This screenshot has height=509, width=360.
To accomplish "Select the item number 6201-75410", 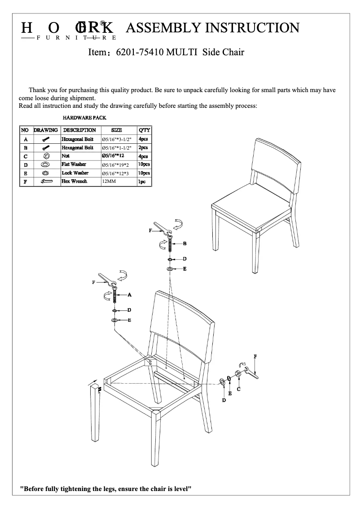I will pyautogui.click(x=140, y=52).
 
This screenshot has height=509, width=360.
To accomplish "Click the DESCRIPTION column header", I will pyautogui.click(x=79, y=130).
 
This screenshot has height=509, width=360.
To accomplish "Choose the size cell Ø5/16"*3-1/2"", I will pyautogui.click(x=116, y=139).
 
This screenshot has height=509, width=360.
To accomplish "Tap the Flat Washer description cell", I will pyautogui.click(x=74, y=164).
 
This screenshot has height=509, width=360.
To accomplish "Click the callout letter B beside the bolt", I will pyautogui.click(x=184, y=243).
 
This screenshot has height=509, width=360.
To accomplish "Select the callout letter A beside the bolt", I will pyautogui.click(x=129, y=295).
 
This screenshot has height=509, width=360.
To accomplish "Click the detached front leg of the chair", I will pyautogui.click(x=96, y=411).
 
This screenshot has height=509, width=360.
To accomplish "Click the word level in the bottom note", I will pyautogui.click(x=181, y=489).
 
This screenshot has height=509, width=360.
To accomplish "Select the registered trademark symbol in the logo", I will pyautogui.click(x=103, y=22).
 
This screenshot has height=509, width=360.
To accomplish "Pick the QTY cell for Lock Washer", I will pyautogui.click(x=144, y=173).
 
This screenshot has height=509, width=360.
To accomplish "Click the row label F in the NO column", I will pyautogui.click(x=26, y=182).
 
